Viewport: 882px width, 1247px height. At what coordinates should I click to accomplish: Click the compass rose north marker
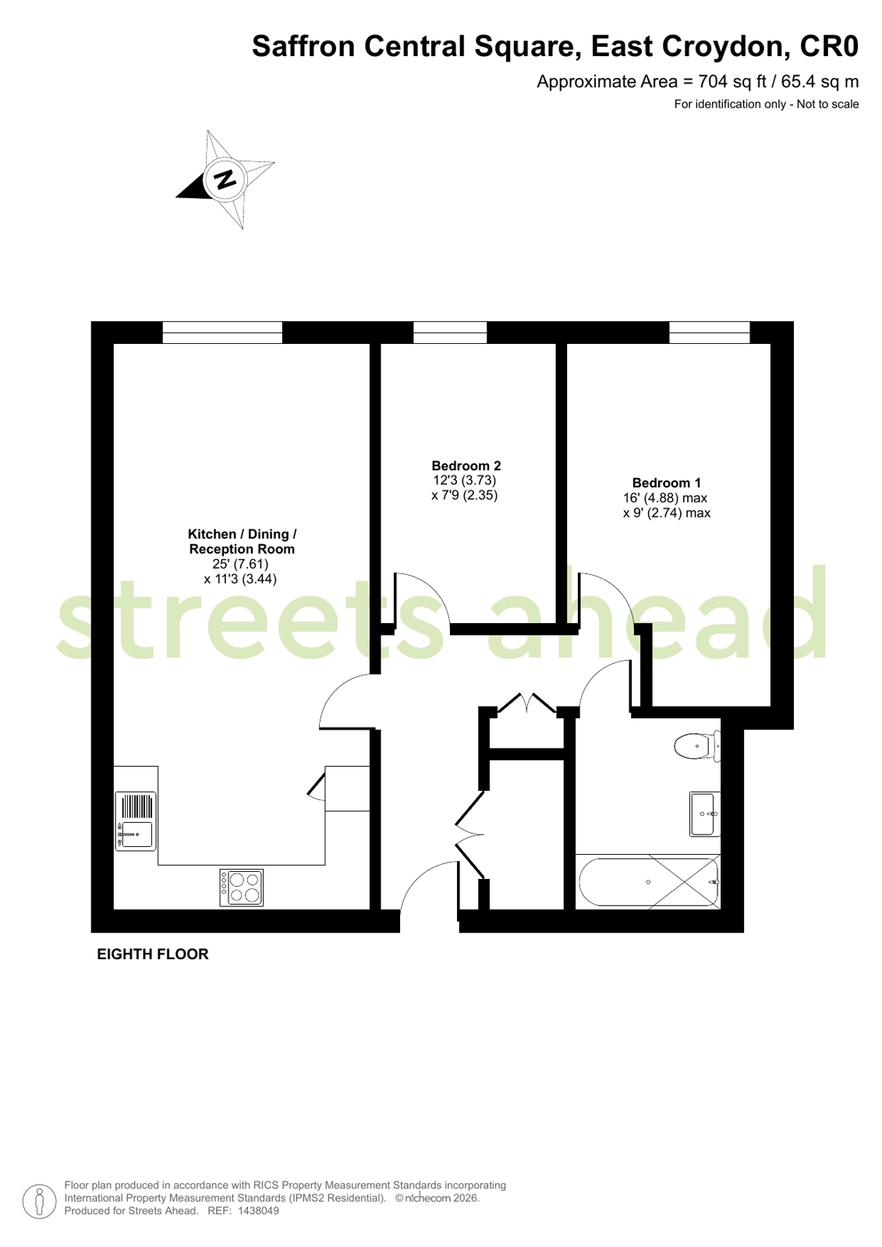(225, 180)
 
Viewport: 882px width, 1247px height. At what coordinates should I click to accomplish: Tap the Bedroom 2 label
(466, 466)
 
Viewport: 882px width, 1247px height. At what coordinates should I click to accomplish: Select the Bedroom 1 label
(666, 483)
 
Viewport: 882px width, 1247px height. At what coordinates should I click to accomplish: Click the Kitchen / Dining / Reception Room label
(242, 541)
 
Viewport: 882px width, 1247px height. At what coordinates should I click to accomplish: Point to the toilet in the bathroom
(696, 746)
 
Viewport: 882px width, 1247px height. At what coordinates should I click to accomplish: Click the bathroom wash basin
(703, 813)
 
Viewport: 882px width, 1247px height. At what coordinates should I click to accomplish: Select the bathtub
(648, 882)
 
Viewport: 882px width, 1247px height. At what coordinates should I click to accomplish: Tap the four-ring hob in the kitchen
(241, 887)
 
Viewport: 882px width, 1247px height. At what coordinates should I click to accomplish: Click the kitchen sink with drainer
(136, 821)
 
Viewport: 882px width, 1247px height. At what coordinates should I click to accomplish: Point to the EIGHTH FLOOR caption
(153, 954)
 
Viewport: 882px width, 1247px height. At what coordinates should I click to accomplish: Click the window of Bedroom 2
(450, 332)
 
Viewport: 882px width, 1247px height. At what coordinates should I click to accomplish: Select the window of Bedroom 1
(709, 332)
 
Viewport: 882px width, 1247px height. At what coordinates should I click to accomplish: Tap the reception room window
(222, 332)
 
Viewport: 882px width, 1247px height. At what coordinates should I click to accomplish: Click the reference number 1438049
(258, 1211)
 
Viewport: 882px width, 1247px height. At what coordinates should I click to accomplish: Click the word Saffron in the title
(303, 47)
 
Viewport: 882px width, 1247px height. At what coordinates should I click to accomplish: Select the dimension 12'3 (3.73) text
(465, 480)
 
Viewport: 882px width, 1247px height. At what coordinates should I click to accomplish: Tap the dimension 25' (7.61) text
(240, 564)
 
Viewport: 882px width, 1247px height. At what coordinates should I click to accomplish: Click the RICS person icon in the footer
(39, 1201)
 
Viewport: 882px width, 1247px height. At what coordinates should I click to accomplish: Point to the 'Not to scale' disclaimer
(827, 105)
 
